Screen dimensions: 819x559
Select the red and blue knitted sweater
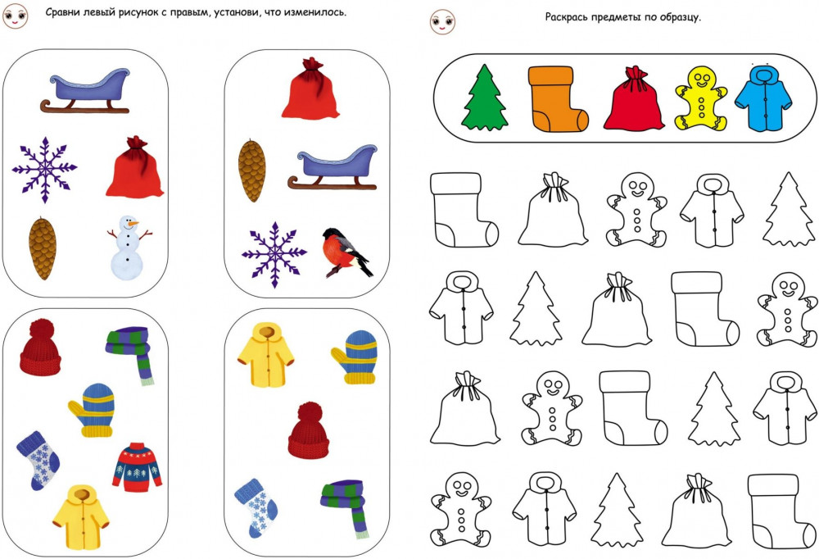tap(138, 467)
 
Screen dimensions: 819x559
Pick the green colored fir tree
tap(485, 98)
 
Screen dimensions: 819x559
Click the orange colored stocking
tap(557, 98)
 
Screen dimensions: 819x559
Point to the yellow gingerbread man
tap(701, 98)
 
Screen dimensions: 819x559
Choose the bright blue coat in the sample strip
tap(763, 98)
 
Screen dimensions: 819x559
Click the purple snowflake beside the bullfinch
tap(274, 255)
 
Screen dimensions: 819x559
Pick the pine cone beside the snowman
tap(43, 248)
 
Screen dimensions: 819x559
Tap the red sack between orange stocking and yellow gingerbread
tap(634, 98)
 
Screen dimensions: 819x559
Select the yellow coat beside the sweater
tap(81, 517)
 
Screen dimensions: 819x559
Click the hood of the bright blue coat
tap(764, 74)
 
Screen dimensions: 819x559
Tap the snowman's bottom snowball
tap(126, 265)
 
